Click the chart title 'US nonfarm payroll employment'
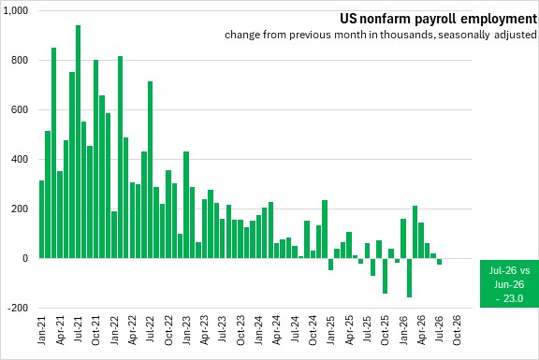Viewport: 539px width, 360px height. click(438, 19)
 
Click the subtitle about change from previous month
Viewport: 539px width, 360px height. click(381, 35)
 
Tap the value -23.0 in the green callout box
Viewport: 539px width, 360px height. click(509, 298)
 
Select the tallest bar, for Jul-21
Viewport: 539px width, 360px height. click(78, 141)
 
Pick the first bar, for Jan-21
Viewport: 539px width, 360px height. click(41, 219)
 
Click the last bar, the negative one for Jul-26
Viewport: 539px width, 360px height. click(439, 261)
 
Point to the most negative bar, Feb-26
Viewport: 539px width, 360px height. click(409, 278)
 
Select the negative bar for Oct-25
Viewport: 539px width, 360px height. click(385, 276)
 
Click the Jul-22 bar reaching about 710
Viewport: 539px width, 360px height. click(151, 169)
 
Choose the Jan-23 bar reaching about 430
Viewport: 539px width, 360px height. click(186, 205)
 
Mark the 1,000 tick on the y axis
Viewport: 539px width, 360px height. click(16, 10)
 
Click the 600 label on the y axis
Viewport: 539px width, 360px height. click(21, 110)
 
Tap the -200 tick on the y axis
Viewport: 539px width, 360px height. click(18, 308)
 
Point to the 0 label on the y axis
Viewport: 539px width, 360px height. click(25, 258)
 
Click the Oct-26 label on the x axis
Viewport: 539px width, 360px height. click(458, 330)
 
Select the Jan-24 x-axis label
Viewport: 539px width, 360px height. click(258, 330)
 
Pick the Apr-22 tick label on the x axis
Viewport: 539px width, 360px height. click(132, 330)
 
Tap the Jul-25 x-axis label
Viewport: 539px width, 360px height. click(367, 329)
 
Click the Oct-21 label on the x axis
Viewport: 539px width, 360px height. click(95, 330)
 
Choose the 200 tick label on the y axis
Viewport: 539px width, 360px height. click(21, 209)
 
